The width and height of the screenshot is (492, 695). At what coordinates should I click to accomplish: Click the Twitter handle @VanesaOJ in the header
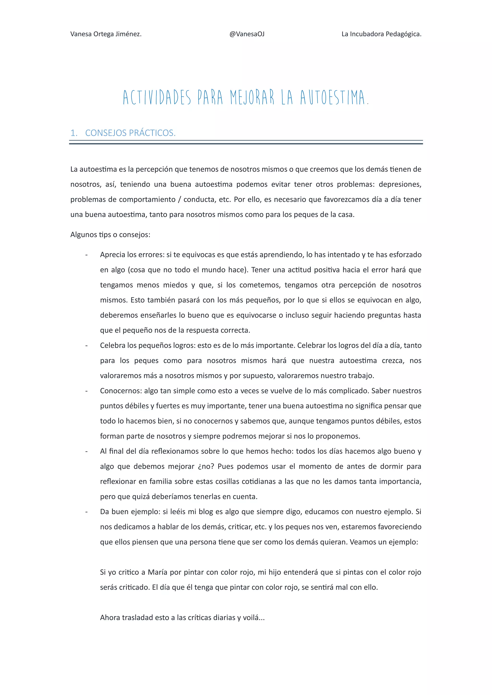(247, 34)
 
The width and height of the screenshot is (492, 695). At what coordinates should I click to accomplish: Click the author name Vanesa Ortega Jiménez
(106, 34)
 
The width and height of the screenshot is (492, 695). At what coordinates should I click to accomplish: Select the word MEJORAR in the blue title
(252, 97)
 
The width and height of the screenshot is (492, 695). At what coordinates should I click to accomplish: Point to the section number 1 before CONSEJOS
(73, 133)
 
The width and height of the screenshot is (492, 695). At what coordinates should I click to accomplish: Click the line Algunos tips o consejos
(110, 235)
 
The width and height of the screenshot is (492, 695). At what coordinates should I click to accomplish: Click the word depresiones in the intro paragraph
(400, 184)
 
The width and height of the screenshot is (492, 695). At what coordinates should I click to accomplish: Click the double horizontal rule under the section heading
(246, 142)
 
